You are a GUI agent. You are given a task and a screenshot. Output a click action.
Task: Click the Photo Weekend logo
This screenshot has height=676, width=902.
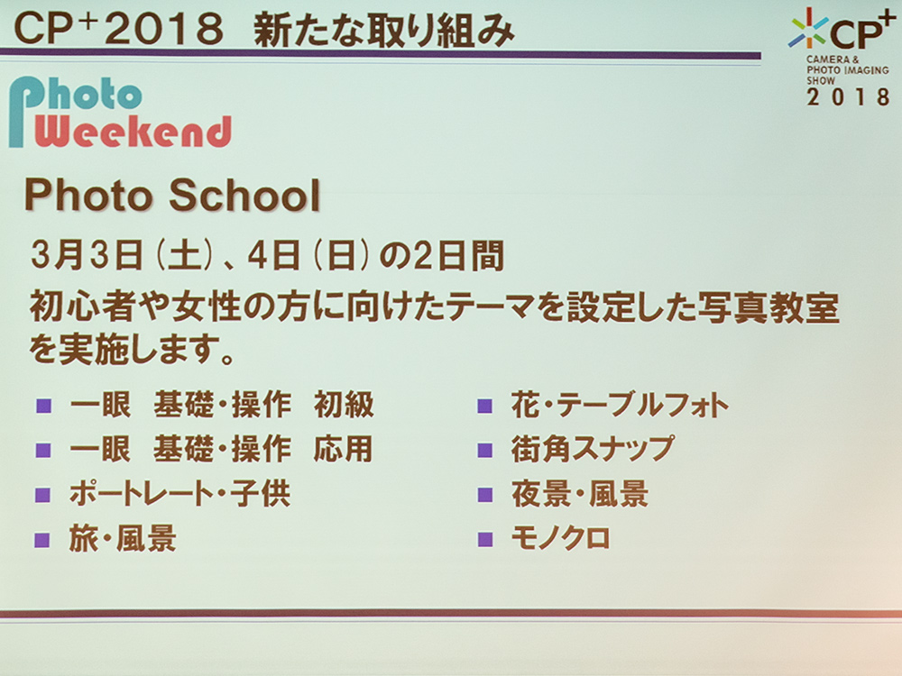(120, 112)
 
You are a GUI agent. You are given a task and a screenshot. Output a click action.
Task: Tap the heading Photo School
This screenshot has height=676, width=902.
(172, 195)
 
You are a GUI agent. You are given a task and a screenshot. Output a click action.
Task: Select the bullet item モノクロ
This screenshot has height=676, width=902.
(561, 539)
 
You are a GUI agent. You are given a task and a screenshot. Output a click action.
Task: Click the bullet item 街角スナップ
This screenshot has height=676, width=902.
(593, 448)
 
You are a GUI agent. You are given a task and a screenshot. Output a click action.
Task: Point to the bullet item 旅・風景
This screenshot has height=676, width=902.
(123, 539)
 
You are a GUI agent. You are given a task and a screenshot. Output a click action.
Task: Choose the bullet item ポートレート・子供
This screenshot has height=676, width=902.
(179, 494)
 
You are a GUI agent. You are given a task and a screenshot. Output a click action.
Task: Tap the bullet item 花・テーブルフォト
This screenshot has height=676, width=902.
(621, 405)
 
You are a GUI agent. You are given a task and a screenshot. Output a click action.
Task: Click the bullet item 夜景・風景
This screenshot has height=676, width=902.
(580, 494)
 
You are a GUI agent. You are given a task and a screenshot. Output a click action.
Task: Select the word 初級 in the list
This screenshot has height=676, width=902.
(344, 405)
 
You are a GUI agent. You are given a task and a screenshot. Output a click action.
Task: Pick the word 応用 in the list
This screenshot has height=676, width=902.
(344, 449)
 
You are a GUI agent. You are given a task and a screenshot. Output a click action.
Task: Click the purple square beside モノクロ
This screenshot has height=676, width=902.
(485, 539)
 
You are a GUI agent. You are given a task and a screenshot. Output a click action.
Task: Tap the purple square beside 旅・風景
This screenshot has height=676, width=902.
(42, 540)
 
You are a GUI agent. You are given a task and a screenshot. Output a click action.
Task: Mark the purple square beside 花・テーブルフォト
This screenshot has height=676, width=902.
(485, 406)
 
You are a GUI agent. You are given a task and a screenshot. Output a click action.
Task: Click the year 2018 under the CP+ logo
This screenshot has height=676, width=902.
(849, 96)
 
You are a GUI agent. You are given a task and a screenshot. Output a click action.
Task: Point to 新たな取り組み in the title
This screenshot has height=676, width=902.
(383, 30)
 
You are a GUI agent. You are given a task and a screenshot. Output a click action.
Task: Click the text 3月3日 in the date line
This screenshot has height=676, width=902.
(87, 256)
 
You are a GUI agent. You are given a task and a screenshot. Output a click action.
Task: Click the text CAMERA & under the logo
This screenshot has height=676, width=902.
(833, 59)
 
